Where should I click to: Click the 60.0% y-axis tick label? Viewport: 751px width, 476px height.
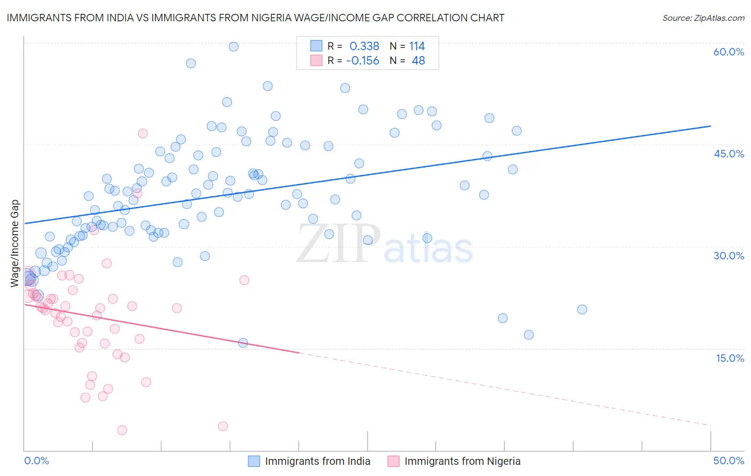click(x=729, y=52)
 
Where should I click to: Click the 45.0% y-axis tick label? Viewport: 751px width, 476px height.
click(x=729, y=154)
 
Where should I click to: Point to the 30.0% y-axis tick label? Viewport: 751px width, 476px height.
click(x=729, y=256)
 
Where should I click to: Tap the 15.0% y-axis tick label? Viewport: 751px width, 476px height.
click(x=730, y=358)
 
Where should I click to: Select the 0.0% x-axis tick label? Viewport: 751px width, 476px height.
click(x=36, y=461)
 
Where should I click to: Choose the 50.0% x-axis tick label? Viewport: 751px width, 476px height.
click(x=729, y=461)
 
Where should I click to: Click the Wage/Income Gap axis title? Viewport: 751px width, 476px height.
click(x=15, y=243)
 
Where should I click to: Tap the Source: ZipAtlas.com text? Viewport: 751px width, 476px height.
click(x=703, y=18)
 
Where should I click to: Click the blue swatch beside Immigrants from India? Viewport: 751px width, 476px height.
click(x=254, y=461)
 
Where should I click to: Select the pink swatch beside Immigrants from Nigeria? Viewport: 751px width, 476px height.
click(x=394, y=461)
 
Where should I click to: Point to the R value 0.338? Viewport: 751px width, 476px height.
click(x=364, y=46)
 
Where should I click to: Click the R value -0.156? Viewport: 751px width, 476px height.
click(x=363, y=61)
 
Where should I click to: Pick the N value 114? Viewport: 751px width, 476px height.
click(x=417, y=46)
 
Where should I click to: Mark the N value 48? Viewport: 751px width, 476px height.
click(x=418, y=61)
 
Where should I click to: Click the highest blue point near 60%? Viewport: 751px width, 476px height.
click(x=233, y=46)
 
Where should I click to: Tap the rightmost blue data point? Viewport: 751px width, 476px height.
click(x=582, y=310)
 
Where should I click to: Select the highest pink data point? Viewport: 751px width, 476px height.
click(x=143, y=133)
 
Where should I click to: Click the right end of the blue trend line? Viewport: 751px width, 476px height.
click(x=710, y=126)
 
